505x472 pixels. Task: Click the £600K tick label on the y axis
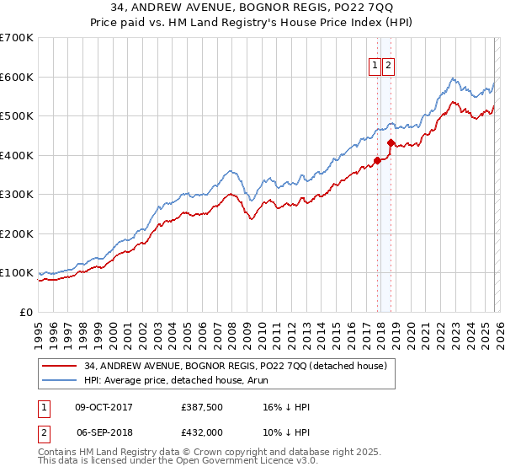tap(17, 77)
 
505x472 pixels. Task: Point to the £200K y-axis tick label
tap(17, 233)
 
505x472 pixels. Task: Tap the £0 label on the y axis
tap(27, 312)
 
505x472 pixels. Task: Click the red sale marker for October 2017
tap(377, 160)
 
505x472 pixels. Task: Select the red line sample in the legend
tap(60, 366)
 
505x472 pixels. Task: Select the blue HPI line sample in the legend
tap(60, 380)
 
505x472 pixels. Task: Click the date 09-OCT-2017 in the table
tap(104, 407)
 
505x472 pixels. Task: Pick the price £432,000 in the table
tap(201, 432)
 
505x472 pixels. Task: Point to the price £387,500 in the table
tap(201, 407)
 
